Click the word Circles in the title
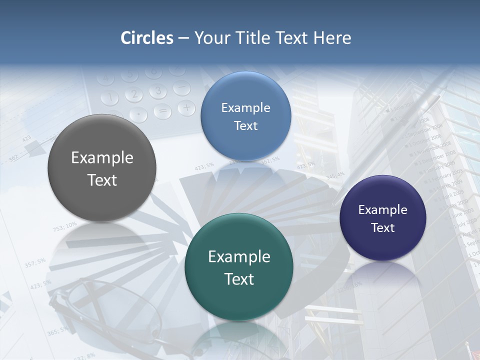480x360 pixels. tap(147, 38)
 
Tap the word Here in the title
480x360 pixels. tap(332, 38)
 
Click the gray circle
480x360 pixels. tap(102, 168)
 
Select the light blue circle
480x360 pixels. tap(245, 116)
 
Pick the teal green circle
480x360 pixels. tap(239, 267)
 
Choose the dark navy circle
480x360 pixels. tap(383, 218)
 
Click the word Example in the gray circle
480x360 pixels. tap(102, 158)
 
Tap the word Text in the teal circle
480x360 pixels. tap(239, 279)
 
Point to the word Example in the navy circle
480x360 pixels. tap(383, 210)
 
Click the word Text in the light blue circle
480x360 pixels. tap(245, 126)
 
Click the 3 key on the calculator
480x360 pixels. tap(158, 91)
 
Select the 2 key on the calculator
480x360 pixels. tap(133, 94)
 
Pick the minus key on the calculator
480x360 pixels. tap(181, 88)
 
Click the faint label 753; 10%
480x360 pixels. tap(65, 226)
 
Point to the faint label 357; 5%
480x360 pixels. tap(35, 262)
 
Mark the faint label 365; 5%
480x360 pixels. tap(57, 330)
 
